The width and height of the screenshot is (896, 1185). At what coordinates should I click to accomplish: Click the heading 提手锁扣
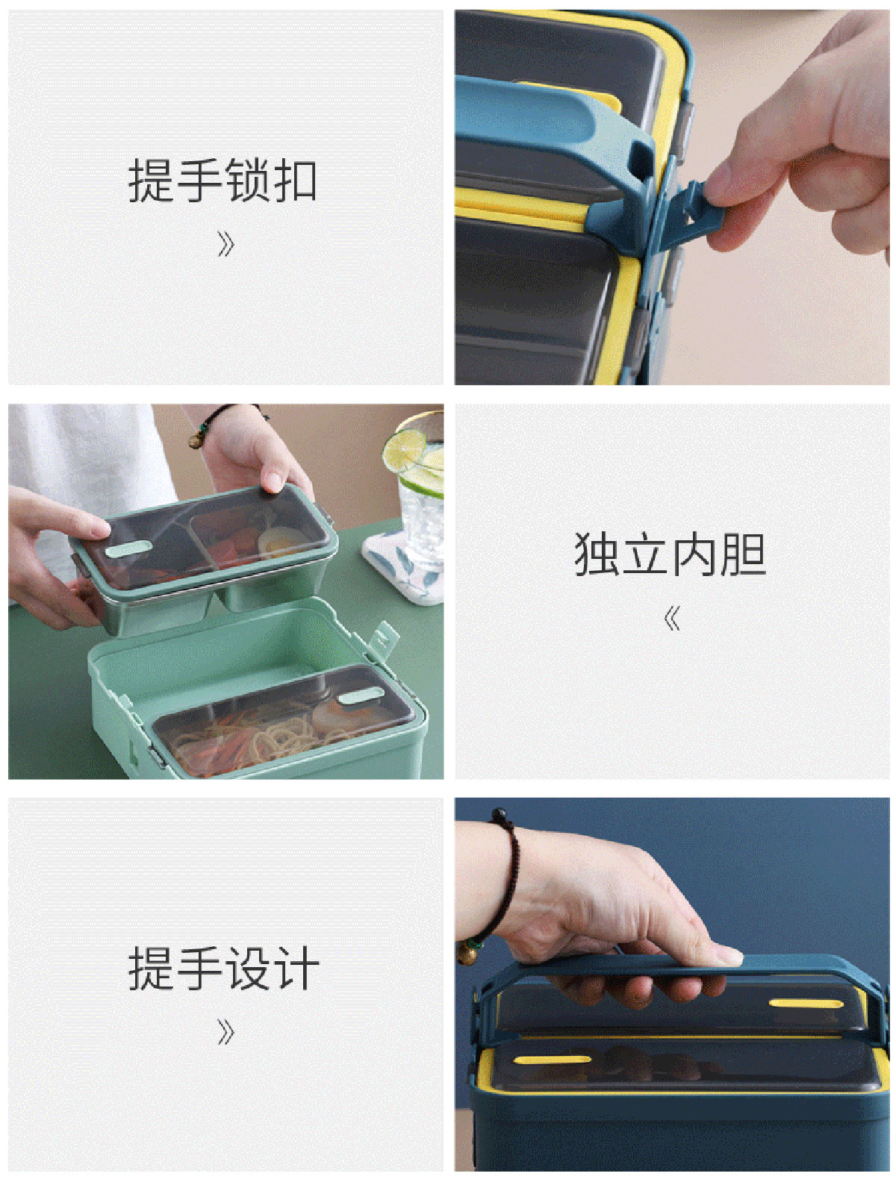click(x=222, y=180)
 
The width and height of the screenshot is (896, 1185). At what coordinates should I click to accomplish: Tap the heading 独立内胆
click(x=670, y=554)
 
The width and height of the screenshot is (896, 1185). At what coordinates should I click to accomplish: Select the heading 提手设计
click(x=223, y=968)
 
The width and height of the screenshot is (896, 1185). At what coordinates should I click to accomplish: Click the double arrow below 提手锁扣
click(x=225, y=244)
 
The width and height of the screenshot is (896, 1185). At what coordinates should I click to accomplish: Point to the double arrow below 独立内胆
click(x=672, y=618)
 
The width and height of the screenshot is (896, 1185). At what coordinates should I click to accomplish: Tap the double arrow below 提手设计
click(x=225, y=1032)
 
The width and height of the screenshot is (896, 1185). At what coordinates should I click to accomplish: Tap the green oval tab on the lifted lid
click(x=128, y=548)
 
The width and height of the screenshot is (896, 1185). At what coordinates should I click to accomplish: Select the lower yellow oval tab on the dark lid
click(x=552, y=1059)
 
